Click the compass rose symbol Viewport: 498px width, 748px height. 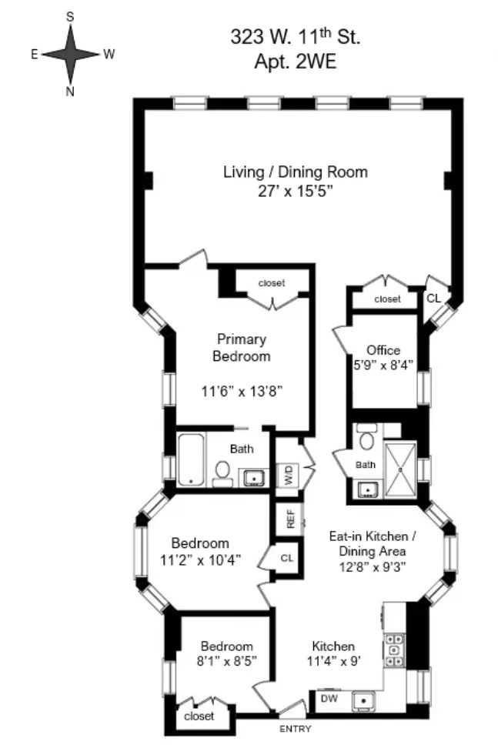coord(70,54)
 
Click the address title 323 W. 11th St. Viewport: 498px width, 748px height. coord(296,36)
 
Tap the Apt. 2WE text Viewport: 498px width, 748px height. coord(296,61)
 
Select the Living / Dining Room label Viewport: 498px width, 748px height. coord(295,172)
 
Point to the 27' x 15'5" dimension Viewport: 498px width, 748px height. coord(295,192)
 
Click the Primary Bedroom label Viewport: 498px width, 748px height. coord(241,348)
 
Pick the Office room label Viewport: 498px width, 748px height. coord(383,350)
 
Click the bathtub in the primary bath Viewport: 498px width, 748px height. coord(191,459)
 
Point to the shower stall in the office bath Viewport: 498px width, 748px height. coord(399,468)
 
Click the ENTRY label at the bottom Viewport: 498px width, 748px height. coord(296,728)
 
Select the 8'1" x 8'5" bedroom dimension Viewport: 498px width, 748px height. coord(227,660)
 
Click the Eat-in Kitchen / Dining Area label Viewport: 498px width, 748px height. coord(372,552)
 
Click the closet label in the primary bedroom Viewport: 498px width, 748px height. coord(271,283)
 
